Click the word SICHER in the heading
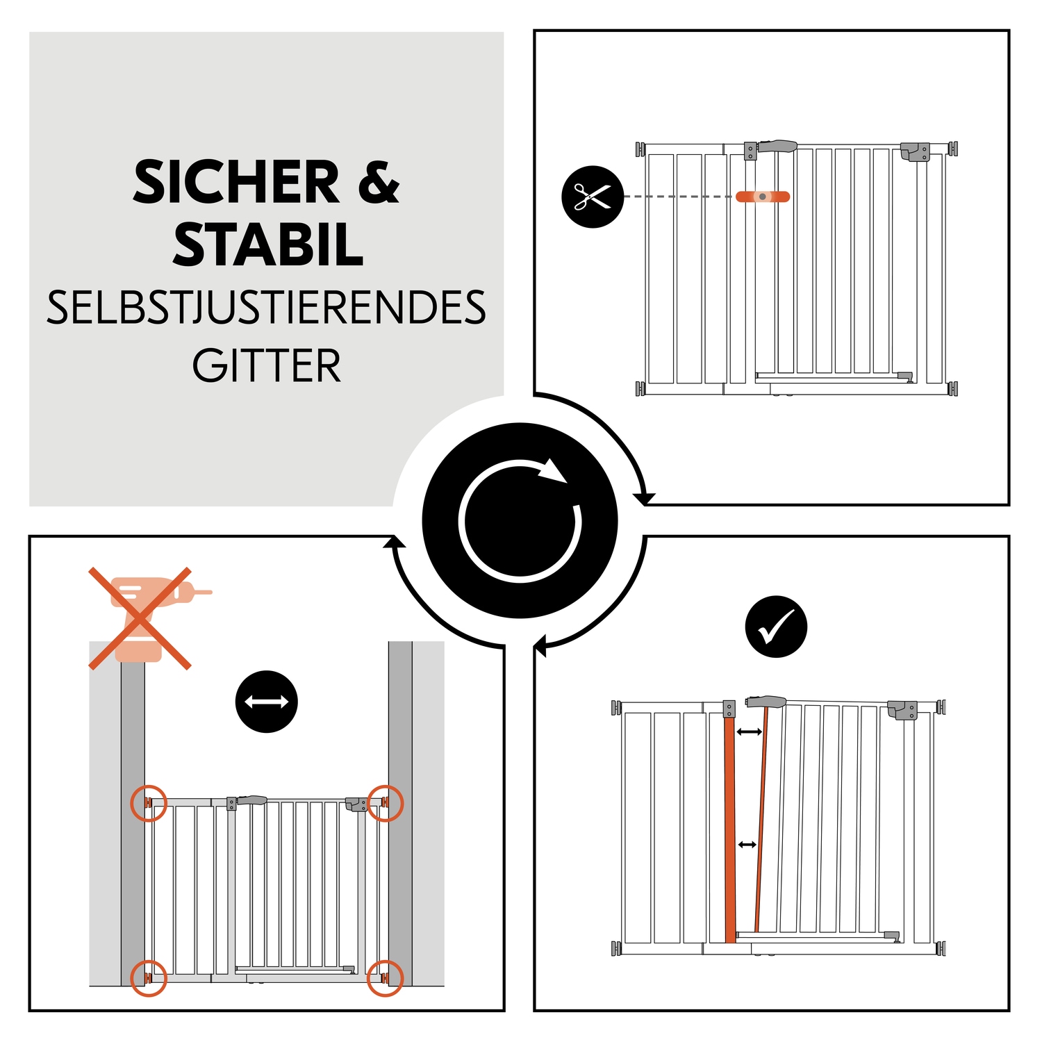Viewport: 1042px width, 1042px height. pos(236,183)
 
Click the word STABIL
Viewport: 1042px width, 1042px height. pos(268,245)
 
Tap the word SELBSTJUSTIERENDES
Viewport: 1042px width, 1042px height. pos(266,308)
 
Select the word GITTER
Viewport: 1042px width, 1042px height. pos(267,366)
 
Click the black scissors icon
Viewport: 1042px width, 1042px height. pos(593,197)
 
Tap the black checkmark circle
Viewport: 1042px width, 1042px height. pos(776,627)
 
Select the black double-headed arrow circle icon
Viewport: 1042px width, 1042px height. pos(267,702)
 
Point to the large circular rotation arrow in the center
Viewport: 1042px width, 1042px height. pos(520,520)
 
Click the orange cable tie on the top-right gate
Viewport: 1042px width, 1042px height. pos(763,197)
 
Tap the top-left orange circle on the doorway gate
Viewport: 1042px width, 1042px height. pos(149,803)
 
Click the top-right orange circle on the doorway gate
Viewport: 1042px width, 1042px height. pos(385,803)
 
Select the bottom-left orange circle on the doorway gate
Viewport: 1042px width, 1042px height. pos(149,978)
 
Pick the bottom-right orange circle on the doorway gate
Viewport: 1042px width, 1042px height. pos(385,978)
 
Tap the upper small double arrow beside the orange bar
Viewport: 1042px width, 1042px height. pos(749,731)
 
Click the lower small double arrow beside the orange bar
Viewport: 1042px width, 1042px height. pos(747,845)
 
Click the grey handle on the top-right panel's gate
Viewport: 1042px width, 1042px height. pos(777,146)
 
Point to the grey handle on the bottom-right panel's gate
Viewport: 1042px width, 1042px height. pos(766,702)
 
